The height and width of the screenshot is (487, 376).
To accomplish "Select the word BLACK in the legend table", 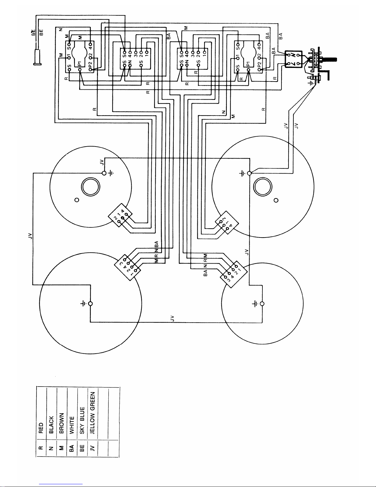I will (x=51, y=424).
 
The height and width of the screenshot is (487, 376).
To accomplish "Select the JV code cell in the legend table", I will (x=92, y=449).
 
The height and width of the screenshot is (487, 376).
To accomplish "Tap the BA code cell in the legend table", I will (x=72, y=449).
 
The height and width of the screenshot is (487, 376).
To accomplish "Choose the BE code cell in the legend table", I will (x=82, y=449).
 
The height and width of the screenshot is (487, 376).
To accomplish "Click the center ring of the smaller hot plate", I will (x=90, y=187).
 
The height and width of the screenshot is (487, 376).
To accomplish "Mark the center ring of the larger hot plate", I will (x=263, y=187).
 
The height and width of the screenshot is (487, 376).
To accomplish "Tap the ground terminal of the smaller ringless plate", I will (x=262, y=304).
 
